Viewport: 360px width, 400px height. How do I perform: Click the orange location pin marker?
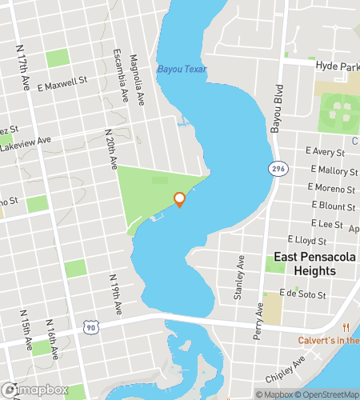pyautogui.click(x=179, y=199)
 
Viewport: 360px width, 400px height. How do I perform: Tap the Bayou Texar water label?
pyautogui.click(x=182, y=70)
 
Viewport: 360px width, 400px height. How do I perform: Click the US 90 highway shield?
pyautogui.click(x=91, y=327)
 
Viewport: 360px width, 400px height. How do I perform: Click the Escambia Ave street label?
pyautogui.click(x=121, y=77)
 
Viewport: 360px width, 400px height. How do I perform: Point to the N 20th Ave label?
pyautogui.click(x=111, y=147)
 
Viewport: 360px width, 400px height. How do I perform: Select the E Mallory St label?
pyautogui.click(x=332, y=170)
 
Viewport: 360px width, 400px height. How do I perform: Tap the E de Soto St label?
pyautogui.click(x=303, y=294)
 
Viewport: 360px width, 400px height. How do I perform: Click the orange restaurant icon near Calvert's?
pyautogui.click(x=347, y=327)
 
